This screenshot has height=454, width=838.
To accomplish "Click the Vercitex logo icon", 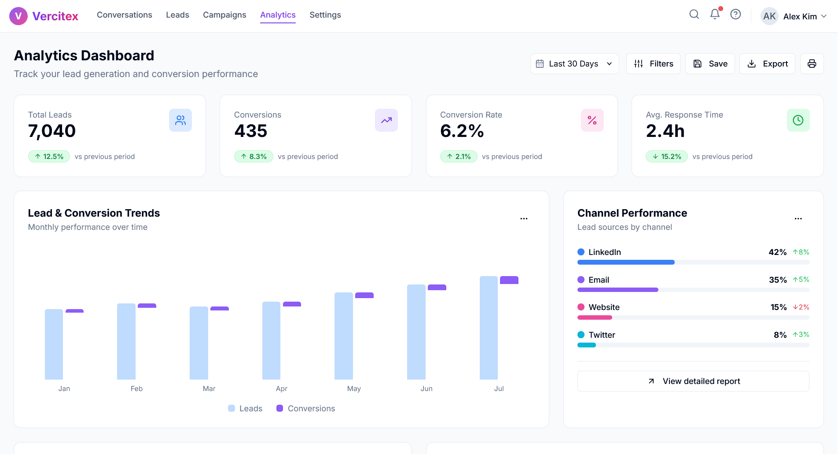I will tap(18, 16).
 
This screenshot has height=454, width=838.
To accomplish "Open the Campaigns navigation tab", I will tap(224, 15).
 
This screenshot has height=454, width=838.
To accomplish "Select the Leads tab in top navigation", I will tap(177, 15).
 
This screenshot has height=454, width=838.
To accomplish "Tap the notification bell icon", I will tap(715, 15).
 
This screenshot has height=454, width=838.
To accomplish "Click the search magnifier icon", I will tap(694, 15).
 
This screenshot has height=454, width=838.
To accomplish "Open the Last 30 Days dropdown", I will tap(574, 64).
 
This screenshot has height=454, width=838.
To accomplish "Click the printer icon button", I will tap(812, 64).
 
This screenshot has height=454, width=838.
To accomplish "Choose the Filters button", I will tap(654, 64).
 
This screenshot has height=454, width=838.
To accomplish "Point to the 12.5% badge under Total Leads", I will tap(49, 156).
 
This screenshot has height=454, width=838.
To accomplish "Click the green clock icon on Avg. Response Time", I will tap(798, 120).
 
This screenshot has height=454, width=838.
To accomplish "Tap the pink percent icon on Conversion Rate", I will tap(592, 120).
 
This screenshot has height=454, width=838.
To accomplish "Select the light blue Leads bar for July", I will tap(489, 328).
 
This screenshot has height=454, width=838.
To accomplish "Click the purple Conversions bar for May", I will tap(364, 295).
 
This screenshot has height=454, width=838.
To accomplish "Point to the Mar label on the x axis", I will tap(209, 388).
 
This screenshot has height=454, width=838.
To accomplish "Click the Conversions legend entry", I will tap(306, 409).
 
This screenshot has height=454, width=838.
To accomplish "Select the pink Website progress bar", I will tap(595, 317).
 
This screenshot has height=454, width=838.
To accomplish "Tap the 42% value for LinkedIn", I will tap(777, 252).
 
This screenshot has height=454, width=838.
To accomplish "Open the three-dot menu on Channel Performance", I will tap(798, 218).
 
